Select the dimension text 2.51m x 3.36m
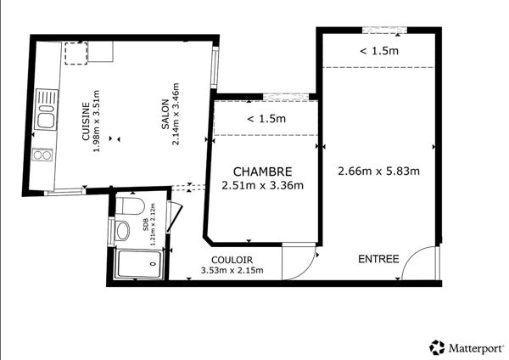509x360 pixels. click(x=262, y=186)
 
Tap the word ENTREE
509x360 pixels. click(x=378, y=258)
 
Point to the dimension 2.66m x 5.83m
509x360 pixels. click(x=379, y=171)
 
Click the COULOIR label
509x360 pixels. click(x=232, y=260)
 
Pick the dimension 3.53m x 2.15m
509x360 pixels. click(x=232, y=271)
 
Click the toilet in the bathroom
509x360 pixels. click(x=127, y=206)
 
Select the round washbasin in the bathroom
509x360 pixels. click(x=123, y=229)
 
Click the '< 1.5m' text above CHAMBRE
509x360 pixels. click(x=266, y=119)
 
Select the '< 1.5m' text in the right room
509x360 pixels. click(x=378, y=51)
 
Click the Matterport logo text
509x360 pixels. click(x=474, y=347)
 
